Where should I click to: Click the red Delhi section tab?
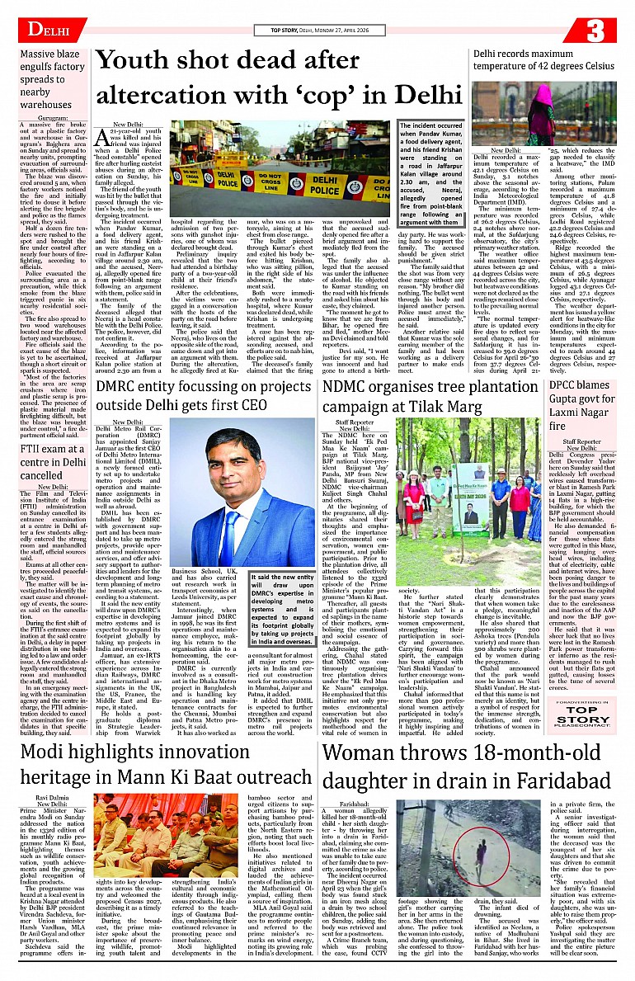(x=45, y=31)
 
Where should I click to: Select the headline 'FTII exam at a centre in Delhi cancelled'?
(x=52, y=462)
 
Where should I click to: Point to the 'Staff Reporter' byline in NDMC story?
(x=355, y=421)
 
